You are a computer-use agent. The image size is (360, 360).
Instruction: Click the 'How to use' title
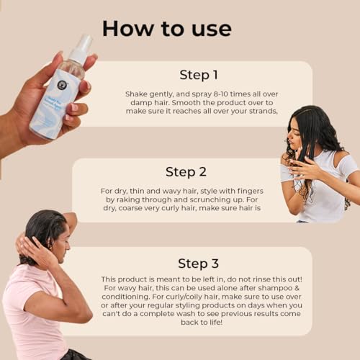click(x=167, y=29)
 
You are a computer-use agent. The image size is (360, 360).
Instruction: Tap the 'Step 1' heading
click(x=199, y=75)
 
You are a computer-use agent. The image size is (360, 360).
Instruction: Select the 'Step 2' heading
click(x=186, y=172)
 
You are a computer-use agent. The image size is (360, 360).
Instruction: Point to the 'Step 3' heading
click(x=198, y=264)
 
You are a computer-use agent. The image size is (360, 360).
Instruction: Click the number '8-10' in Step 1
click(x=221, y=94)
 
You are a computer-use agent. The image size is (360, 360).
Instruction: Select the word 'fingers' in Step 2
click(x=251, y=192)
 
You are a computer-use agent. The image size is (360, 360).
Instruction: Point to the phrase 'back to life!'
click(x=202, y=322)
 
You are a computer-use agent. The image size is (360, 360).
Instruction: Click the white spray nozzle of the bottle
click(x=82, y=48)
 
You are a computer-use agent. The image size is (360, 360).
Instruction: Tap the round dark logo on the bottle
click(x=62, y=84)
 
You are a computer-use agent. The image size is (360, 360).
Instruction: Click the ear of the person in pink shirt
click(x=51, y=243)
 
